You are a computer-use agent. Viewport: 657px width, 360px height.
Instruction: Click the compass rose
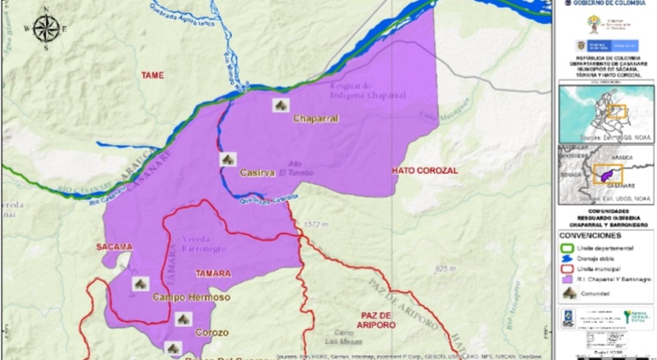click(x=45, y=28)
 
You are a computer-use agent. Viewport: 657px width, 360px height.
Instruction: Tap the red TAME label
click(x=153, y=75)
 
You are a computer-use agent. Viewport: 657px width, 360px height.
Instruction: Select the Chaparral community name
click(x=315, y=118)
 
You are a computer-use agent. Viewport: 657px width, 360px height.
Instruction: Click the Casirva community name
click(x=257, y=173)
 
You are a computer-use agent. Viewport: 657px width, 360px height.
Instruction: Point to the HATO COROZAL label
click(x=424, y=170)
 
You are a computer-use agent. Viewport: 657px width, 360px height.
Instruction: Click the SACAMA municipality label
click(x=115, y=247)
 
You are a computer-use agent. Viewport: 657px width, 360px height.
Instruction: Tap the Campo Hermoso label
click(x=191, y=298)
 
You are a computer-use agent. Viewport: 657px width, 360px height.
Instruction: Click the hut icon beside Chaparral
click(x=280, y=105)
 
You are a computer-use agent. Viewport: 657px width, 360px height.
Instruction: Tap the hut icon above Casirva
click(x=228, y=158)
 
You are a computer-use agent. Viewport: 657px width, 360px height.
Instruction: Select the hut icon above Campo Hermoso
click(x=141, y=283)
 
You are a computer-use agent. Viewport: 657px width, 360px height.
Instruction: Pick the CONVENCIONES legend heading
click(x=591, y=235)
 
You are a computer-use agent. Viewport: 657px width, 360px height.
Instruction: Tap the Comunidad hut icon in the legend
click(x=567, y=292)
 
